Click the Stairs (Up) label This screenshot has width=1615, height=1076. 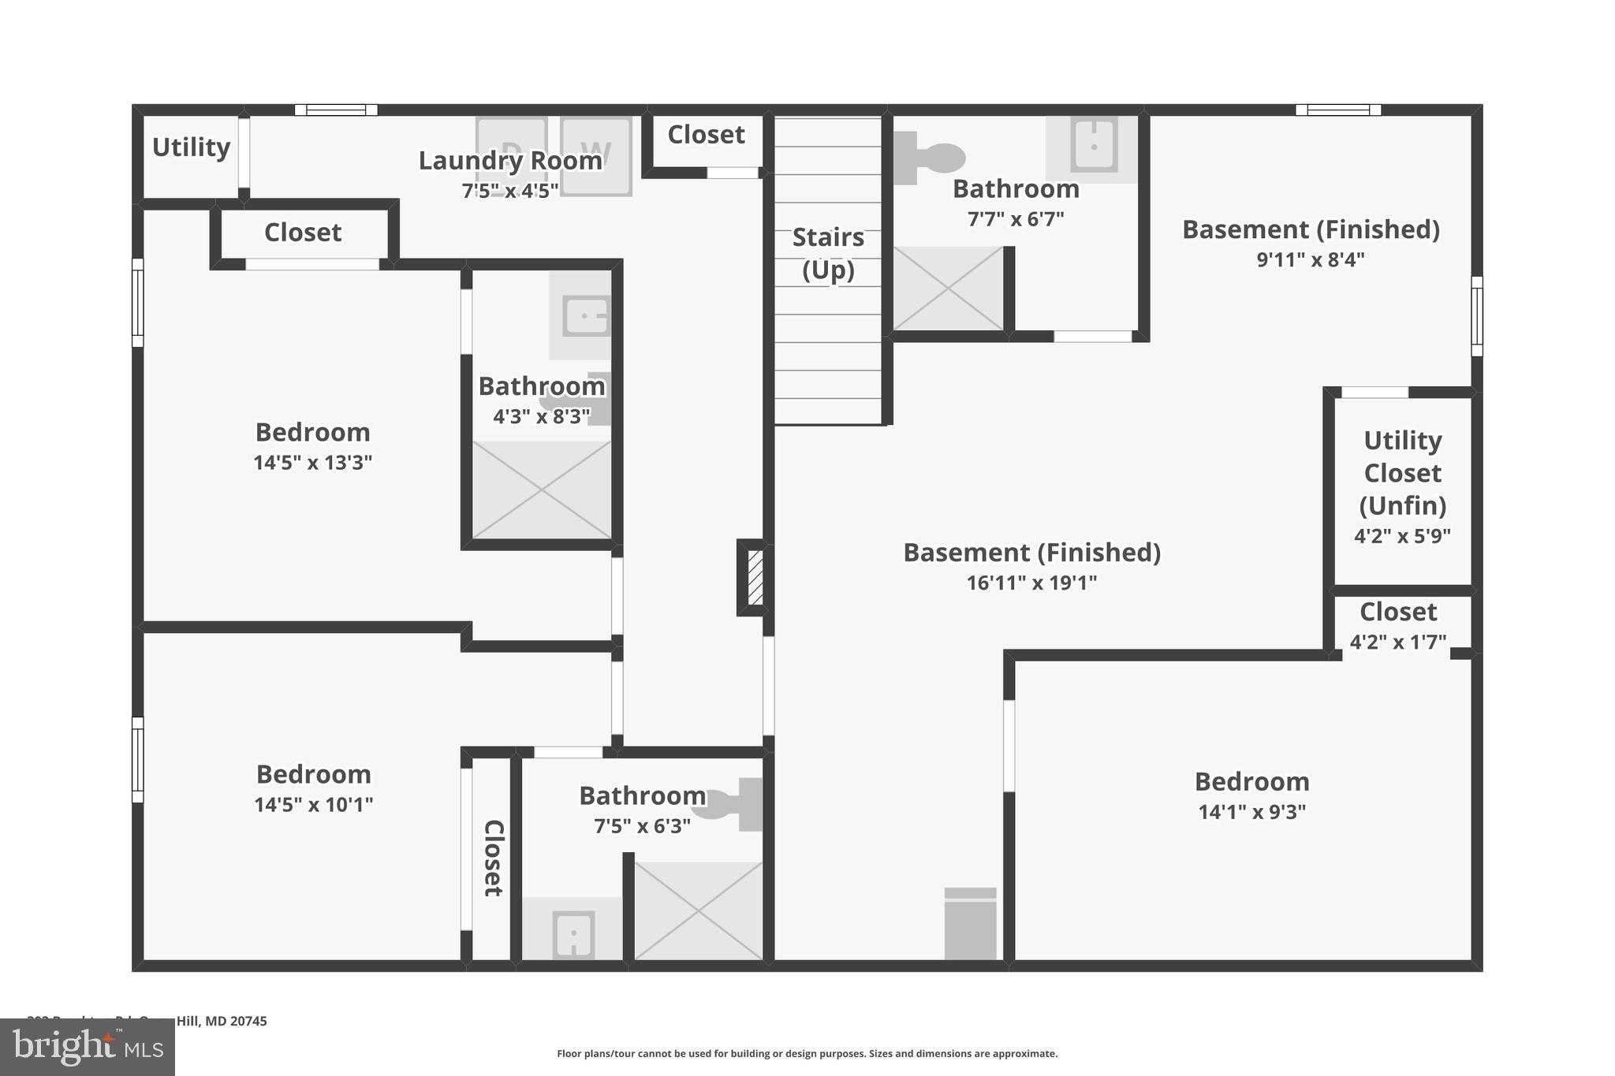[x=828, y=253]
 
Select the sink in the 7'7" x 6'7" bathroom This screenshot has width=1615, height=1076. [x=1094, y=145]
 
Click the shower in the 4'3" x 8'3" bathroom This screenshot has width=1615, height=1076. [x=542, y=490]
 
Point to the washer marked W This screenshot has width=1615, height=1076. [x=596, y=155]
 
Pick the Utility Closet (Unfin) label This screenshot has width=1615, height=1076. [x=1402, y=472]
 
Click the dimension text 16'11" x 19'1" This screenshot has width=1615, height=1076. [x=1031, y=583]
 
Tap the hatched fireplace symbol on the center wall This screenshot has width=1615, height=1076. [x=755, y=578]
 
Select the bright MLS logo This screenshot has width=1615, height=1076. [x=88, y=1047]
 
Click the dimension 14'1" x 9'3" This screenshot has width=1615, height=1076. [x=1251, y=812]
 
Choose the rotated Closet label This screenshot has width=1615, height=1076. [x=493, y=858]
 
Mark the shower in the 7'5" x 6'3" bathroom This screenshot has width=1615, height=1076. [x=698, y=911]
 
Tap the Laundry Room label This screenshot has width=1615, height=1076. [x=509, y=161]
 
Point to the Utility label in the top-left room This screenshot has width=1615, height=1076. [x=191, y=147]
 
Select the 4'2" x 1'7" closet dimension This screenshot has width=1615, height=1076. [x=1397, y=642]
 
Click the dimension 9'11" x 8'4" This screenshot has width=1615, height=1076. [x=1310, y=259]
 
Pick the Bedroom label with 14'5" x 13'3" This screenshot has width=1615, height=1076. [x=312, y=432]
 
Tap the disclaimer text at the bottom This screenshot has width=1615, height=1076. [x=807, y=1053]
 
